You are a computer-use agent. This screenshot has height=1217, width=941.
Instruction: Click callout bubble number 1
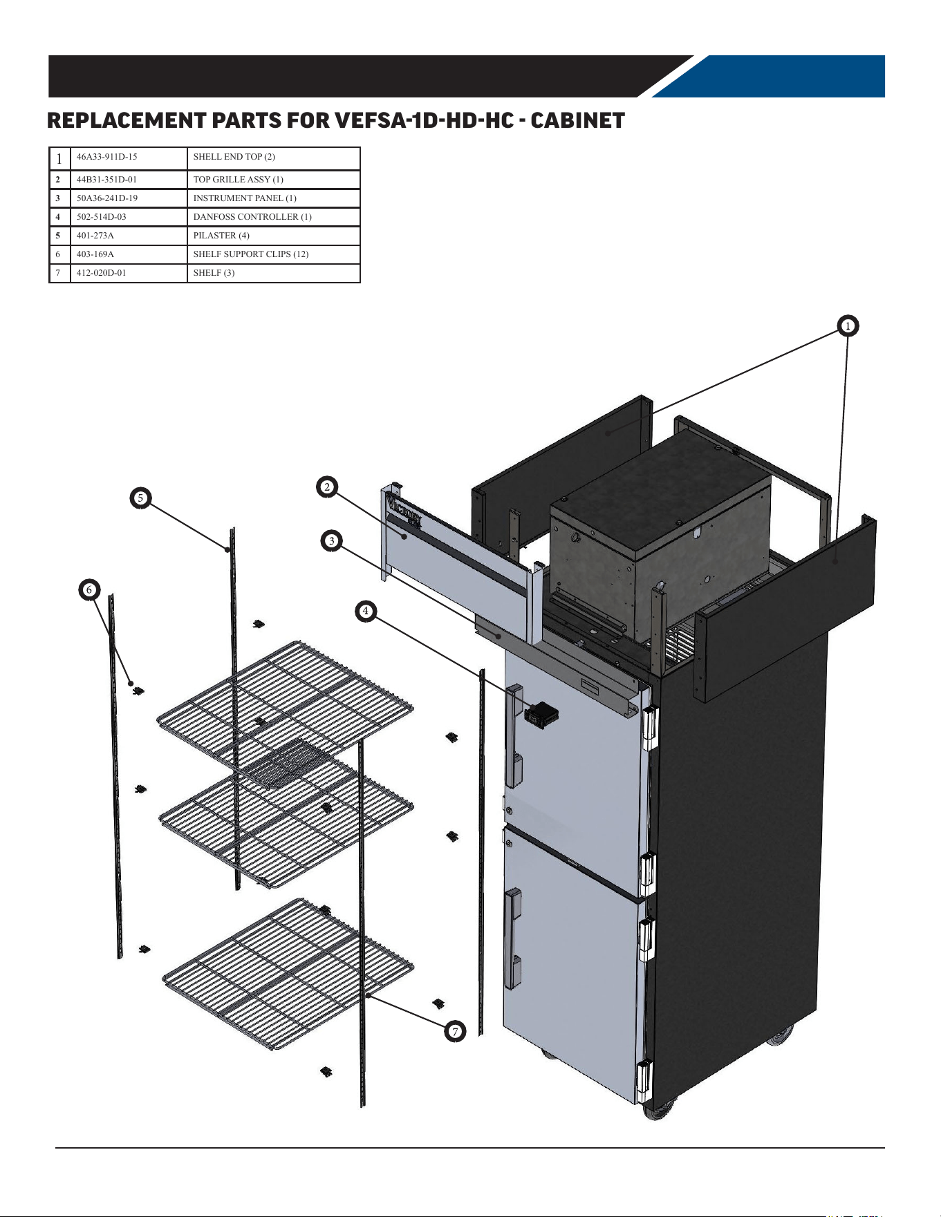pyautogui.click(x=848, y=326)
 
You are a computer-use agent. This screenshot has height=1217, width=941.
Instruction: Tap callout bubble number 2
pyautogui.click(x=327, y=487)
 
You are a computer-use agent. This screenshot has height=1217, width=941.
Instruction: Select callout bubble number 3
pyautogui.click(x=332, y=540)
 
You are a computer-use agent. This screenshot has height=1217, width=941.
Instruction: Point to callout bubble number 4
pyautogui.click(x=366, y=611)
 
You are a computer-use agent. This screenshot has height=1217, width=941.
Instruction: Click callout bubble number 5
pyautogui.click(x=140, y=498)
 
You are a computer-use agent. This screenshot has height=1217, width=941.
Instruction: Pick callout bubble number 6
pyautogui.click(x=89, y=590)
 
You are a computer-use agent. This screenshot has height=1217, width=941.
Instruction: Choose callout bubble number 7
pyautogui.click(x=455, y=1032)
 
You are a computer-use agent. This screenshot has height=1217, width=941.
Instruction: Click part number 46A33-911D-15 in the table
pyautogui.click(x=107, y=157)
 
